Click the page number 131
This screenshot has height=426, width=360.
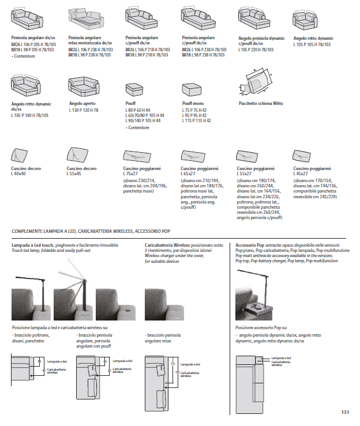pos(345,412)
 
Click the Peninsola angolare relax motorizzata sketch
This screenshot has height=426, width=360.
pos(85,20)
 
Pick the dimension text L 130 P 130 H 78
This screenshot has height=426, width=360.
pos(83,110)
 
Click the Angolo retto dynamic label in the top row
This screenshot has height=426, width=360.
pos(313,38)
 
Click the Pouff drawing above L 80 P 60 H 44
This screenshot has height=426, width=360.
pos(136,91)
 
